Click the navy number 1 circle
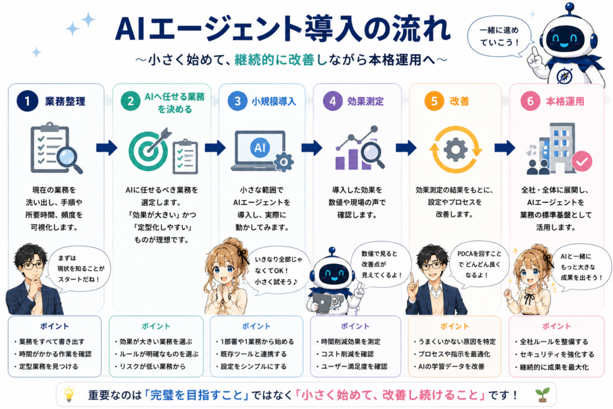[28, 101]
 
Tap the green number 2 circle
[131, 101]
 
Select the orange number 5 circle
[435, 101]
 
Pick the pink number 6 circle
[530, 101]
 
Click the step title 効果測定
[366, 101]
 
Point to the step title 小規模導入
[274, 101]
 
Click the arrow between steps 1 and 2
[107, 147]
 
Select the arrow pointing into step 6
[505, 147]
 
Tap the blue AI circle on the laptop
[260, 148]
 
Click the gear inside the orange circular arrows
[456, 149]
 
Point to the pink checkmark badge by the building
[582, 161]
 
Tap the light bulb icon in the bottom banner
[69, 394]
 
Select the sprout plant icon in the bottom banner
[543, 394]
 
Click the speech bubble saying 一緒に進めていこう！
[499, 37]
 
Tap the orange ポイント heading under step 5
[454, 326]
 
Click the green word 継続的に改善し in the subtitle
[281, 59]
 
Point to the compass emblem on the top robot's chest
[564, 75]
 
